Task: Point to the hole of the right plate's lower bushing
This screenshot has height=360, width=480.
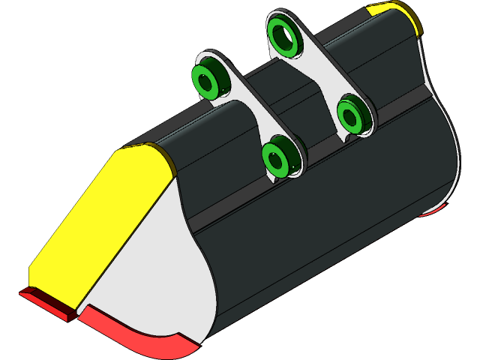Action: [x=349, y=115]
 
